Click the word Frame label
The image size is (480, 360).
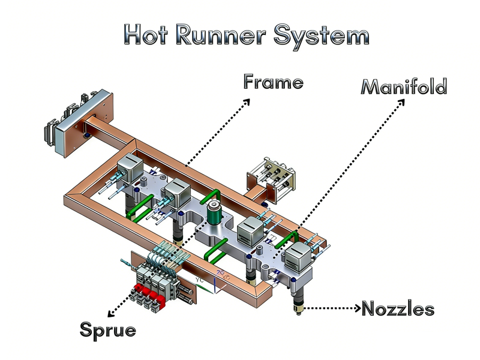[273, 82]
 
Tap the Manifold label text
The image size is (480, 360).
[404, 87]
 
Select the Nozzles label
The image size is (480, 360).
[397, 309]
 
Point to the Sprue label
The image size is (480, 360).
[108, 329]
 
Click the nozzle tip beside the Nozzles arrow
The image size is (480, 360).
[296, 309]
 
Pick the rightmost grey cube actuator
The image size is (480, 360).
[298, 259]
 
